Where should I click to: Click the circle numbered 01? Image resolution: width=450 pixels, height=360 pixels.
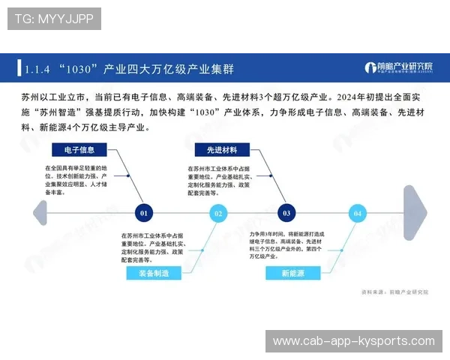click(145, 213)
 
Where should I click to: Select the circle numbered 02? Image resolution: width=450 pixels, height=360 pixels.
click(218, 213)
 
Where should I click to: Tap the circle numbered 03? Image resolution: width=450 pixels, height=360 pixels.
click(286, 213)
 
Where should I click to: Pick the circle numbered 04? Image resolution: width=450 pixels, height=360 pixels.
click(358, 213)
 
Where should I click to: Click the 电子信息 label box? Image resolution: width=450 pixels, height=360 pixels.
click(79, 149)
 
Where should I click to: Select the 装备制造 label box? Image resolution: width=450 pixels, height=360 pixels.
click(154, 274)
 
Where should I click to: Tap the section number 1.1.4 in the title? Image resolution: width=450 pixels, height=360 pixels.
click(37, 69)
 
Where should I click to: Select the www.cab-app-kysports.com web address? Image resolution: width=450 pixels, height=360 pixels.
click(353, 341)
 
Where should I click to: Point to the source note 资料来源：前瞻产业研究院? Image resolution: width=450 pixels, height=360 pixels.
click(389, 292)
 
